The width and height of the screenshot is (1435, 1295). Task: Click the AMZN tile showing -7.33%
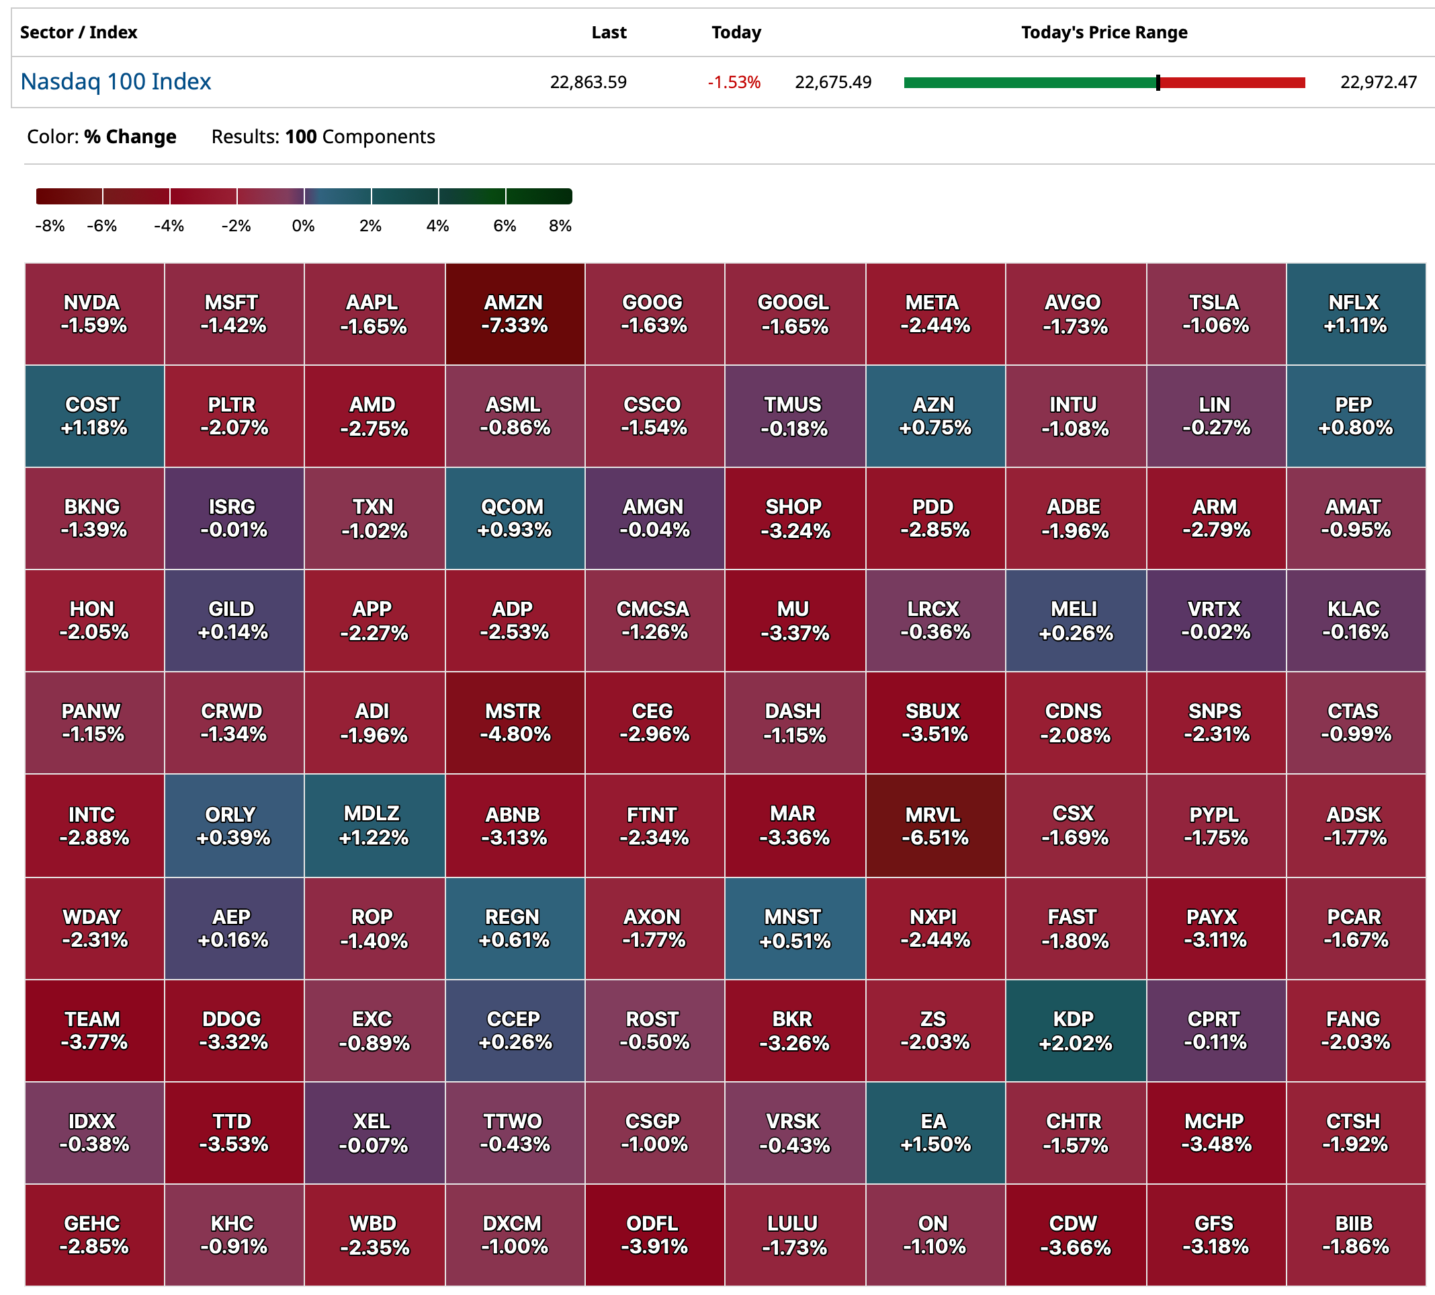[x=514, y=314]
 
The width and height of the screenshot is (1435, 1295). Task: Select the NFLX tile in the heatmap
[x=1354, y=314]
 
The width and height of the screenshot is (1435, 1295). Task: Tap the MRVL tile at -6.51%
[x=934, y=826]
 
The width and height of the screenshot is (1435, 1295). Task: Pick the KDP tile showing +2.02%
[x=1074, y=1030]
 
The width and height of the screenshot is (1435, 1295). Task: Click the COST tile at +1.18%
[x=93, y=416]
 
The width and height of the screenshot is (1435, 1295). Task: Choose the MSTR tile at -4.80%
[x=514, y=723]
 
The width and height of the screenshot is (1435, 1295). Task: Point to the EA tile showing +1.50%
[x=934, y=1133]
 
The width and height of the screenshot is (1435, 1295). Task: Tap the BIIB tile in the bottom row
[x=1354, y=1235]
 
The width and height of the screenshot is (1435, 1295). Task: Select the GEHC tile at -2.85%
[x=93, y=1235]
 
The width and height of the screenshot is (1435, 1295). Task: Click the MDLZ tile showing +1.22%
[x=374, y=826]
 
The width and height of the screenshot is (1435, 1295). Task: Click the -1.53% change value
[x=733, y=83]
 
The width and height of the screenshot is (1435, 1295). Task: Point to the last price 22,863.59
[x=588, y=83]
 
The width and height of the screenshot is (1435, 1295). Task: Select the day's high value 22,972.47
[x=1377, y=83]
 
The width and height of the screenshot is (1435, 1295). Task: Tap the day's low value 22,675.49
[x=832, y=83]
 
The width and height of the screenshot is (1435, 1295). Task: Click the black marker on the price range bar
[x=1158, y=83]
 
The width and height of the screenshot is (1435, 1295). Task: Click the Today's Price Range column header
[x=1104, y=33]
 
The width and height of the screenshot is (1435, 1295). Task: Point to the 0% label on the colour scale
[x=303, y=227]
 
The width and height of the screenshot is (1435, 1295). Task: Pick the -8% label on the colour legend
[x=50, y=227]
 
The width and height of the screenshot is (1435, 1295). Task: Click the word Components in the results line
[x=378, y=136]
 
